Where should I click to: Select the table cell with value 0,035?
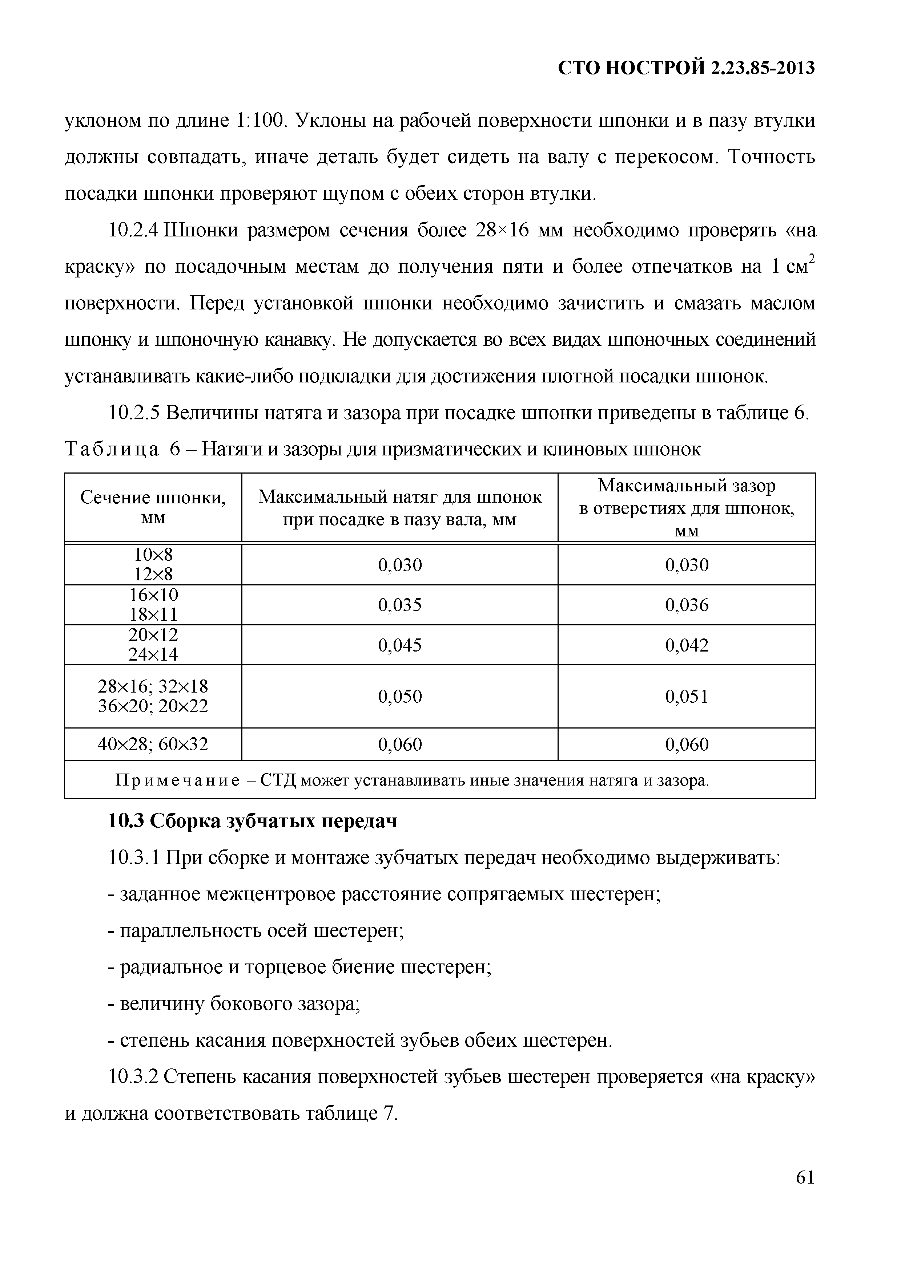(400, 605)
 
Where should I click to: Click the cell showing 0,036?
(687, 605)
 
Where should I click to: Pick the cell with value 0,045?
(400, 645)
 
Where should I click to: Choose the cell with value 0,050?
(400, 696)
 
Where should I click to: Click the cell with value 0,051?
(687, 696)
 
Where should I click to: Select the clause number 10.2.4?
(133, 230)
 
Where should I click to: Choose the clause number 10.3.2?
(133, 1077)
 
